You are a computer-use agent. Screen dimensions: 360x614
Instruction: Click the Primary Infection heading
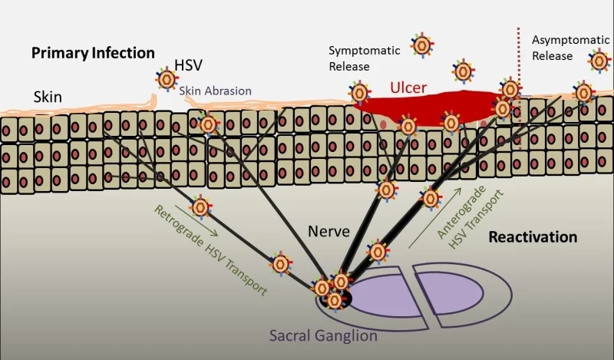coord(93,53)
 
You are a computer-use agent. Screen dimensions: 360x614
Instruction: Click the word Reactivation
coord(533,236)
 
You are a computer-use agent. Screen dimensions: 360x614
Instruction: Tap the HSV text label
coord(189,66)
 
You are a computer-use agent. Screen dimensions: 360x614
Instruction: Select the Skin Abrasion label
coord(216,91)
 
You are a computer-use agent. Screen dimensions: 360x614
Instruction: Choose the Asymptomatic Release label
coord(562,48)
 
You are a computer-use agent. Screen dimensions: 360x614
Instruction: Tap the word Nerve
coord(328,230)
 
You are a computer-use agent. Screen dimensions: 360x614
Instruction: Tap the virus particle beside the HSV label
coord(166,78)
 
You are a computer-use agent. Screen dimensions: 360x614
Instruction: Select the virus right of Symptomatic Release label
coord(421,45)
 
